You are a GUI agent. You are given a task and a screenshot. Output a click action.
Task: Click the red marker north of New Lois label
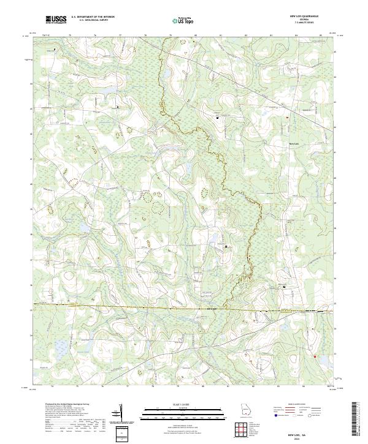click(x=287, y=117)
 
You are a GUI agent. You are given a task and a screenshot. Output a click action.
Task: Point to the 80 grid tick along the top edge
click(x=196, y=36)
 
